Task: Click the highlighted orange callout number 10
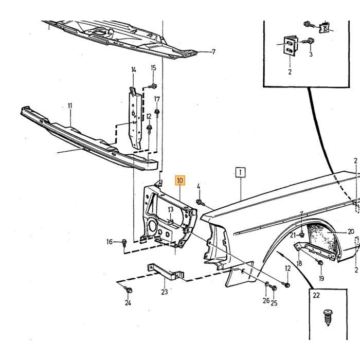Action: click(180, 181)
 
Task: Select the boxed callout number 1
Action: click(240, 172)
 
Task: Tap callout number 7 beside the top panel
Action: click(213, 52)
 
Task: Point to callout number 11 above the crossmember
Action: click(70, 106)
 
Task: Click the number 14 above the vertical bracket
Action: click(134, 70)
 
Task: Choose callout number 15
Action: click(154, 68)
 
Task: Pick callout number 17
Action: click(157, 99)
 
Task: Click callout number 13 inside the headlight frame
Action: click(171, 209)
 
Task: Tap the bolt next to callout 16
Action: click(124, 242)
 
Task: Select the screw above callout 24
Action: click(129, 290)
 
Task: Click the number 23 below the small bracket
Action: click(165, 292)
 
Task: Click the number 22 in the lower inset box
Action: click(316, 295)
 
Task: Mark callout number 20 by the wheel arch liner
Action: click(351, 232)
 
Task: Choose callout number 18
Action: click(299, 263)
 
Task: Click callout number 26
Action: click(266, 300)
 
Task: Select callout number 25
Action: click(274, 303)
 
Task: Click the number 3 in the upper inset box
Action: click(311, 54)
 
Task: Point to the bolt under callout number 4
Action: click(200, 202)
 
